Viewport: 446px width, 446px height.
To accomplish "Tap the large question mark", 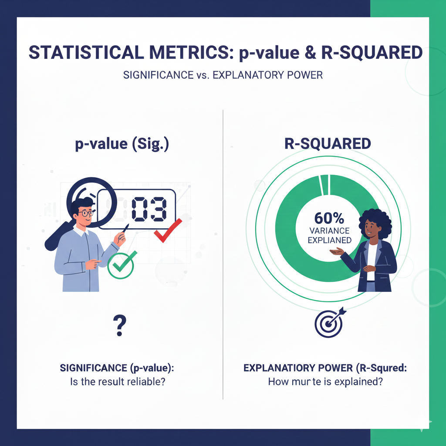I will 119,326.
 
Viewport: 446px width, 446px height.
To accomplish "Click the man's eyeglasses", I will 85,213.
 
